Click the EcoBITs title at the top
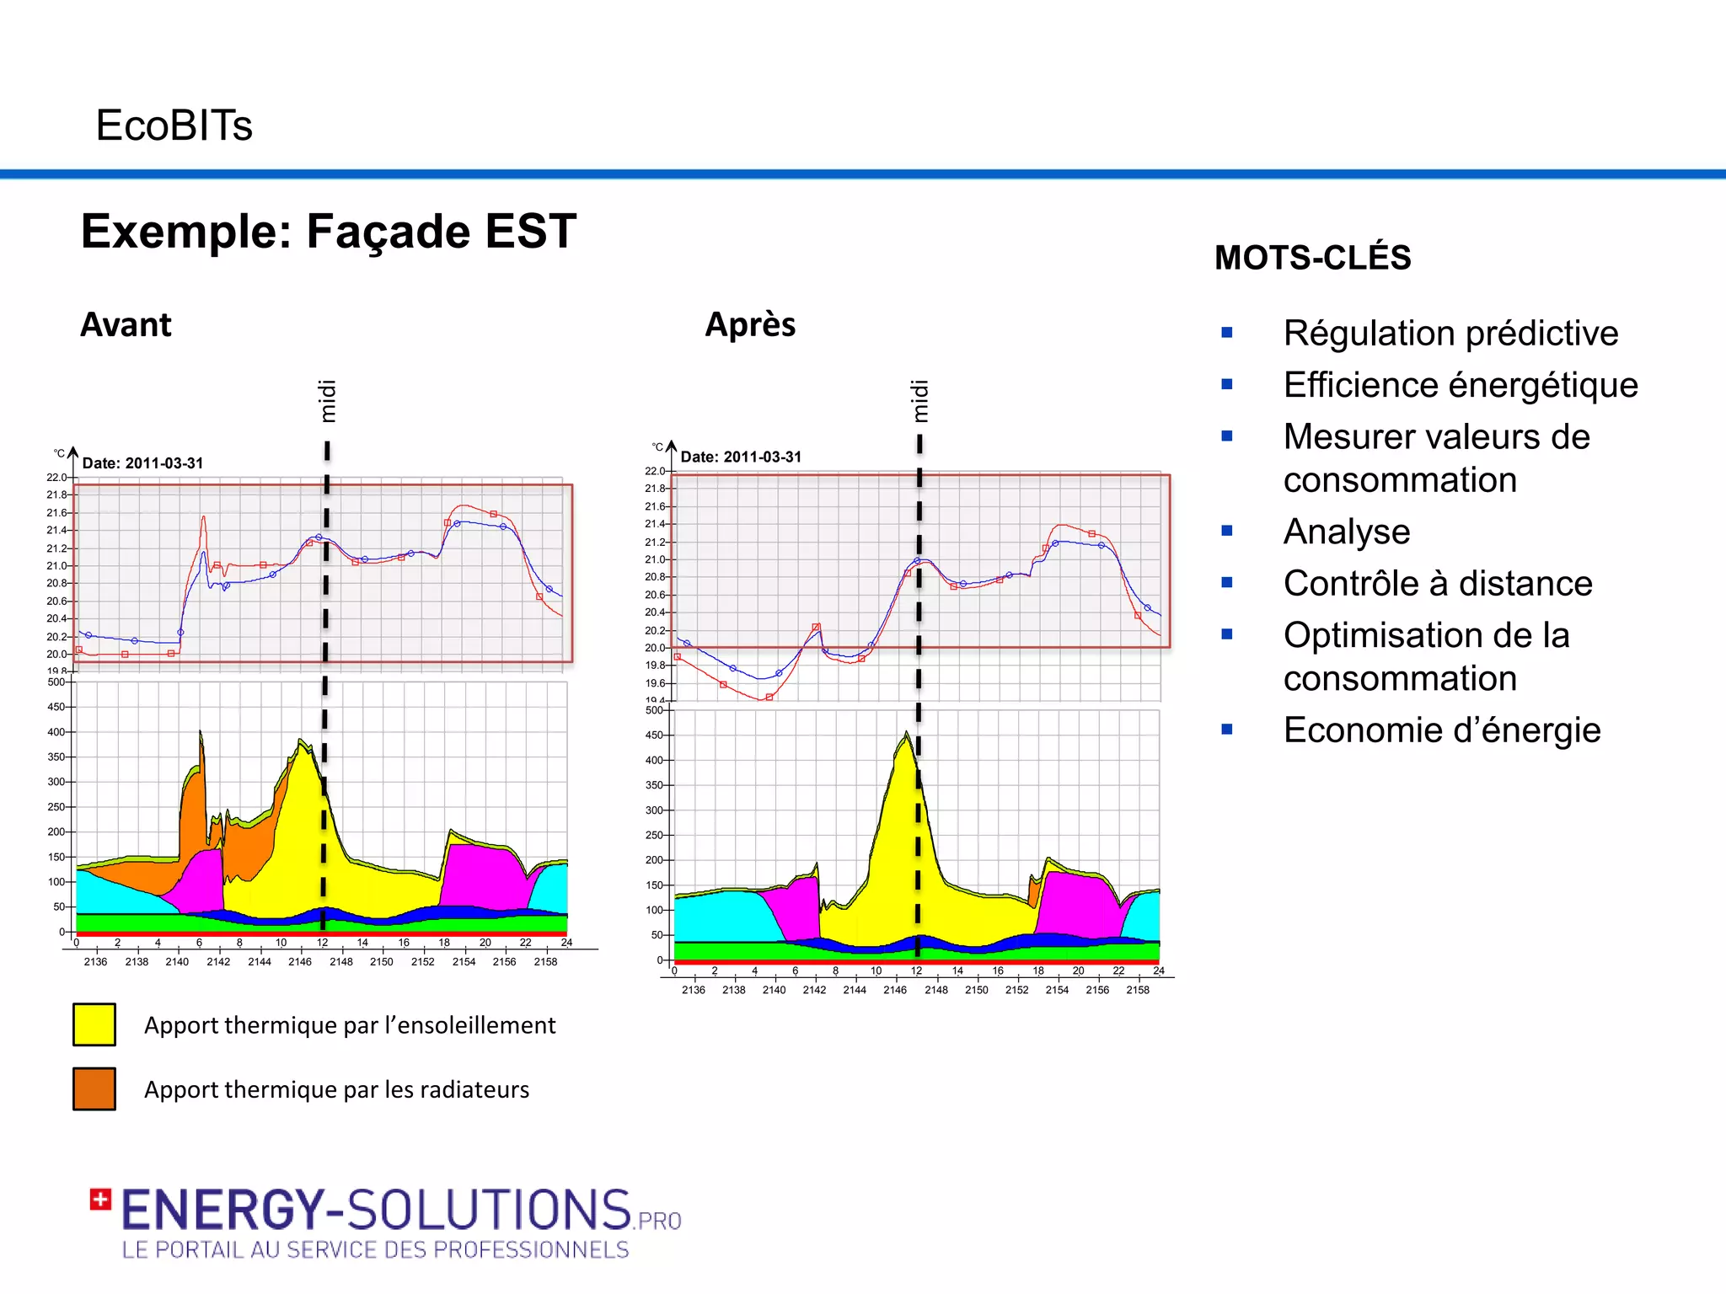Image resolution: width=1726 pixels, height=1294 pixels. [x=174, y=126]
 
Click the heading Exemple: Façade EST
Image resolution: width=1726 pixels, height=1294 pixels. [x=328, y=231]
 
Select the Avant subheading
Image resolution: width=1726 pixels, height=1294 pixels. [x=126, y=325]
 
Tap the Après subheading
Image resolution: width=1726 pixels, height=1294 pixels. [x=750, y=325]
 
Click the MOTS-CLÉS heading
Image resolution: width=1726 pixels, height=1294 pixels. [x=1312, y=258]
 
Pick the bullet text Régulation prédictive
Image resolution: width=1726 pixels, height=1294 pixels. [x=1450, y=334]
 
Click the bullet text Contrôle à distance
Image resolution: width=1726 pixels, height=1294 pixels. [x=1437, y=584]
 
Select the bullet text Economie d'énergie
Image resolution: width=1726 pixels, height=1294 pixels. [x=1441, y=730]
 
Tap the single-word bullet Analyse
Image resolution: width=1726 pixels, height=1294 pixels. [x=1346, y=532]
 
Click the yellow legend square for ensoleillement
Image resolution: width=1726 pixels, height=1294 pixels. [x=94, y=1024]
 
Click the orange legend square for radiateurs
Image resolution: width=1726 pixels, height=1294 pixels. [x=94, y=1088]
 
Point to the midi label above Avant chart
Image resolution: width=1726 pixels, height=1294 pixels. [x=327, y=401]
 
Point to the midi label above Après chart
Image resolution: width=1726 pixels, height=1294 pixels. [x=919, y=401]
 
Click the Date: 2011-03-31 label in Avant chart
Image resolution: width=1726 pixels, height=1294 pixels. [x=142, y=463]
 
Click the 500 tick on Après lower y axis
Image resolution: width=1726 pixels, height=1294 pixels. [x=654, y=710]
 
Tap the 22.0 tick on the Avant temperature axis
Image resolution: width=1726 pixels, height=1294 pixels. [x=56, y=477]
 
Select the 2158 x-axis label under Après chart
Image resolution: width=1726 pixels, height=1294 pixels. [x=1137, y=990]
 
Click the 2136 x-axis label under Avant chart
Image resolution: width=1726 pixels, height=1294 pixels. [x=95, y=962]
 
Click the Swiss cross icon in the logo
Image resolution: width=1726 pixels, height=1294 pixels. [x=100, y=1200]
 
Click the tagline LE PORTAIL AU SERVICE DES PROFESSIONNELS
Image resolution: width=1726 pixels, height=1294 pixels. [x=375, y=1250]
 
